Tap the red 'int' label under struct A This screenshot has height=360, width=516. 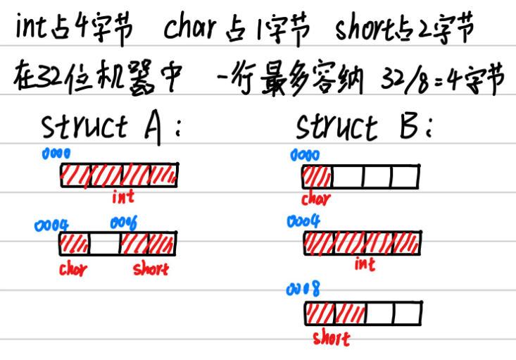[122, 197]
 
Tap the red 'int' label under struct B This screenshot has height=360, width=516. [365, 264]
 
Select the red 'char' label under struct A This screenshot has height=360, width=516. [73, 268]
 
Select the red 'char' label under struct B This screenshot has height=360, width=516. [315, 199]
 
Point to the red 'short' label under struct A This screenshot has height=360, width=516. [151, 268]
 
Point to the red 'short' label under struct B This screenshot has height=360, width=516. [331, 339]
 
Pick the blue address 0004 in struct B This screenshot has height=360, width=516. [303, 222]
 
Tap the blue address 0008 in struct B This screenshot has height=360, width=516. [302, 290]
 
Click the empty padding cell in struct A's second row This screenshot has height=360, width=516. [104, 244]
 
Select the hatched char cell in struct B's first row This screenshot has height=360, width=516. [317, 175]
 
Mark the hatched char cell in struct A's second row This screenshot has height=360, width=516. [75, 244]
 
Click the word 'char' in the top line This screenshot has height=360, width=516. [189, 29]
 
